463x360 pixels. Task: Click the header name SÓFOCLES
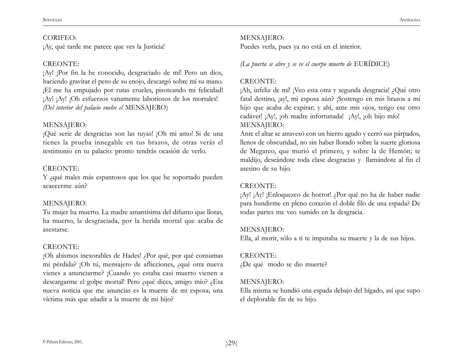[52, 20]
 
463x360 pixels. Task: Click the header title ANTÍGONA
[410, 20]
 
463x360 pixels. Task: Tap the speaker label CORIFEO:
[59, 38]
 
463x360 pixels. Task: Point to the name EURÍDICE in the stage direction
[371, 64]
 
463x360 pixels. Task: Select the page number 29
[232, 343]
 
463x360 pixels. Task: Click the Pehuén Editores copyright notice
[63, 342]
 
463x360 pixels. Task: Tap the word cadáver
[251, 116]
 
